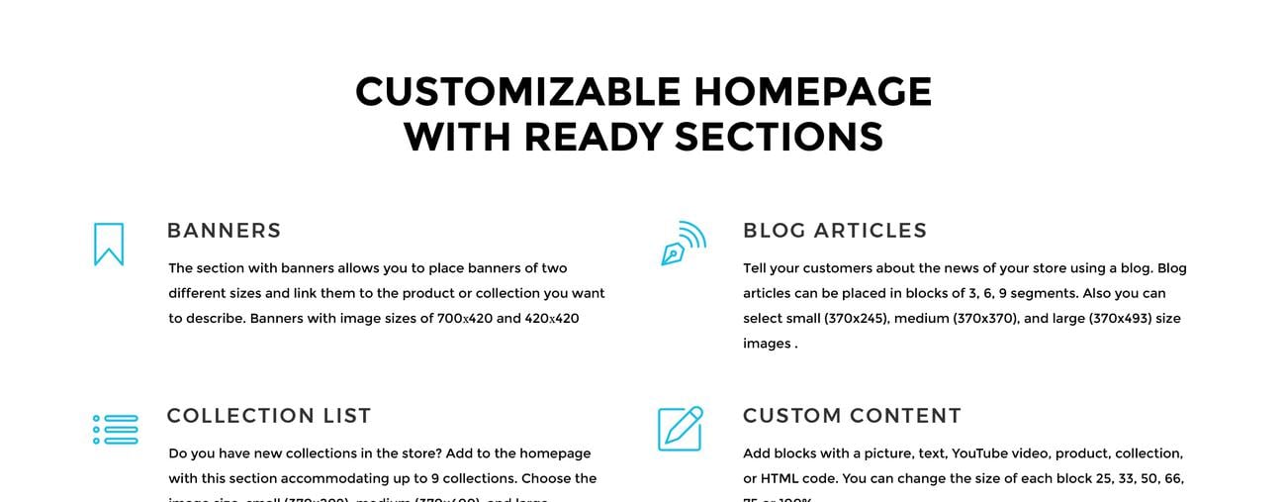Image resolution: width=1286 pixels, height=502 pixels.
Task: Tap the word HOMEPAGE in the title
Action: pyautogui.click(x=812, y=92)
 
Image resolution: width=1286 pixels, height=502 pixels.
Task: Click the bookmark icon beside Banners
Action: pyautogui.click(x=109, y=244)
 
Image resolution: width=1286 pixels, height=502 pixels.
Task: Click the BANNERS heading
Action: pyautogui.click(x=224, y=231)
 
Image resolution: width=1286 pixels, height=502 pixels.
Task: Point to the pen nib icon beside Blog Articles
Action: pyautogui.click(x=683, y=244)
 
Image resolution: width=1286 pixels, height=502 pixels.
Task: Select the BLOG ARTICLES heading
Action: pyautogui.click(x=835, y=231)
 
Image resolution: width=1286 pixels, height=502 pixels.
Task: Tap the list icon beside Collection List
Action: pyautogui.click(x=115, y=430)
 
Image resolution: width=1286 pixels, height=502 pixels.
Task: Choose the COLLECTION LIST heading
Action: pyautogui.click(x=269, y=416)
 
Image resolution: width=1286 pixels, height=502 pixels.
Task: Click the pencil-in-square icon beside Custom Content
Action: pyautogui.click(x=681, y=429)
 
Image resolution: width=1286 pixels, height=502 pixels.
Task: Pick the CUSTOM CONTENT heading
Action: pyautogui.click(x=852, y=416)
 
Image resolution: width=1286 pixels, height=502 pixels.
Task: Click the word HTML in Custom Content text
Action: pyautogui.click(x=780, y=478)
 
